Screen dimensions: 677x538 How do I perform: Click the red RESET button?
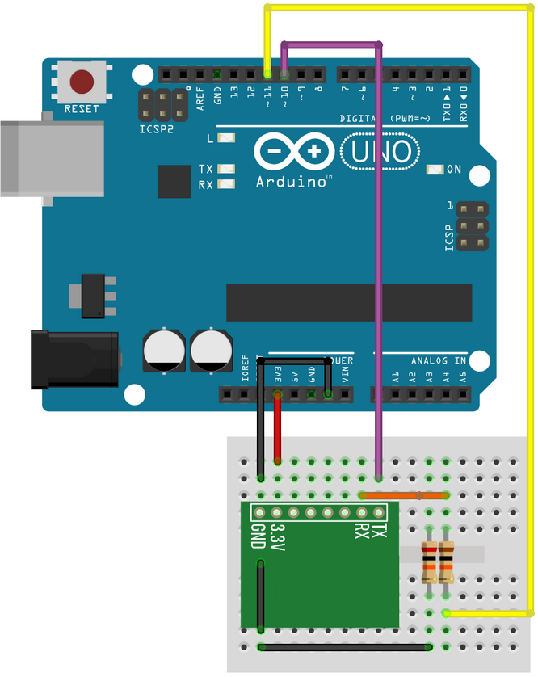(82, 82)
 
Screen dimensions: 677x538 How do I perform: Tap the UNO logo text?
(381, 151)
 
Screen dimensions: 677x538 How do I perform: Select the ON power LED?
(436, 170)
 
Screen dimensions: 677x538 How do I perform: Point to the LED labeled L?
(226, 138)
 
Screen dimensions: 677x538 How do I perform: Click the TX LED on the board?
(226, 170)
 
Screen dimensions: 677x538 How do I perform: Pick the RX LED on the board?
(226, 185)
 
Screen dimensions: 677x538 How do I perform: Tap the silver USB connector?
(48, 158)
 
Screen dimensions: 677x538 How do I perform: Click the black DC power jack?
(73, 359)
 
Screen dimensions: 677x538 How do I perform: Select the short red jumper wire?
(278, 428)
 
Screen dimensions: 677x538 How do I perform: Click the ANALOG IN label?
(439, 360)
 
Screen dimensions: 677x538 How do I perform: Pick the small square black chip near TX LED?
(174, 182)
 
